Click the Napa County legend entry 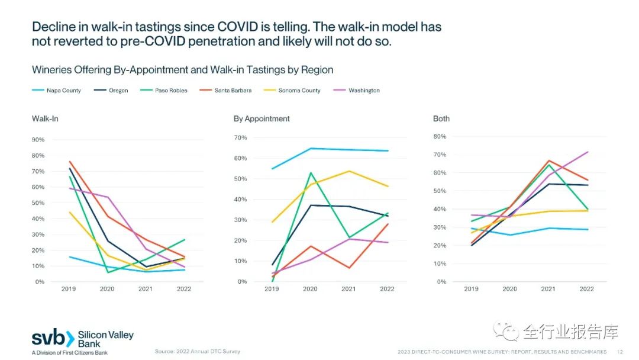pyautogui.click(x=64, y=91)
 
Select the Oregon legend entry pyautogui.click(x=118, y=91)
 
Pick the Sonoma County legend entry pyautogui.click(x=299, y=91)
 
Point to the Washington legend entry pyautogui.click(x=364, y=91)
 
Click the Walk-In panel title pyautogui.click(x=45, y=118)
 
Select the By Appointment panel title pyautogui.click(x=262, y=118)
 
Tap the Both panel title pyautogui.click(x=441, y=118)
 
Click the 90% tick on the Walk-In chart pyautogui.click(x=38, y=140)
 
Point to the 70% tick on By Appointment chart pyautogui.click(x=240, y=137)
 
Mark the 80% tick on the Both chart pyautogui.click(x=440, y=136)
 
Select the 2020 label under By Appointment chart pyautogui.click(x=310, y=289)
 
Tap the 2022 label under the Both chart pyautogui.click(x=586, y=289)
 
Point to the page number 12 pyautogui.click(x=619, y=352)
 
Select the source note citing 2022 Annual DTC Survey pyautogui.click(x=198, y=352)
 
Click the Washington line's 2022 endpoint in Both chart pyautogui.click(x=588, y=152)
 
